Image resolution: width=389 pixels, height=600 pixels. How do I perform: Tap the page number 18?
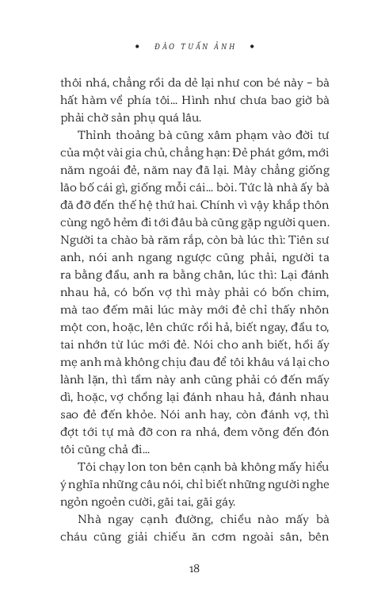coord(194,568)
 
